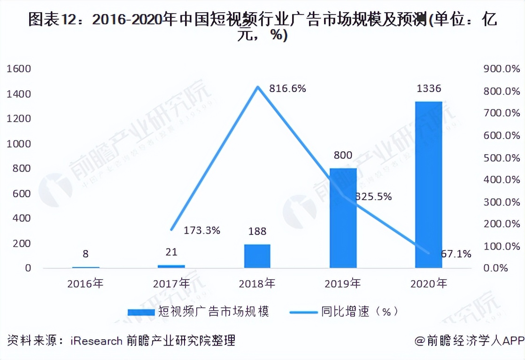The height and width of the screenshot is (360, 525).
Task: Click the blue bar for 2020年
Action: pos(428,185)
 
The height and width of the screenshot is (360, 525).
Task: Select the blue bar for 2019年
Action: pos(343,218)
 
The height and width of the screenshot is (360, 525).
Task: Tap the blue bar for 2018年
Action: pos(257,256)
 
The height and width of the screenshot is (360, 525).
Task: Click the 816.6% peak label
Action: pos(287,88)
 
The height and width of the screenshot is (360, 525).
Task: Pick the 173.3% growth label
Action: pos(202,230)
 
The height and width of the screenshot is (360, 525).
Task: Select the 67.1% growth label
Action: pos(456,254)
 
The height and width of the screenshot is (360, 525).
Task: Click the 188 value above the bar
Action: pos(257,231)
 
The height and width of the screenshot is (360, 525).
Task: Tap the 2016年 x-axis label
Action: pos(85,283)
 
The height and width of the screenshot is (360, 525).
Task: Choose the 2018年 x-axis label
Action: pos(257,283)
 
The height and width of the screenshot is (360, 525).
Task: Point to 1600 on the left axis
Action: pos(19,69)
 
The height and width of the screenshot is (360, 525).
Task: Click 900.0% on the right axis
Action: pos(502,69)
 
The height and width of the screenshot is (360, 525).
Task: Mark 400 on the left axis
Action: pos(22,219)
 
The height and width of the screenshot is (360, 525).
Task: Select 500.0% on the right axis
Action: pos(502,157)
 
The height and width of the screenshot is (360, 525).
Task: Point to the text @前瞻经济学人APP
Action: pos(469,340)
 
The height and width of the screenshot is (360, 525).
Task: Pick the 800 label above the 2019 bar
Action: pos(343,156)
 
